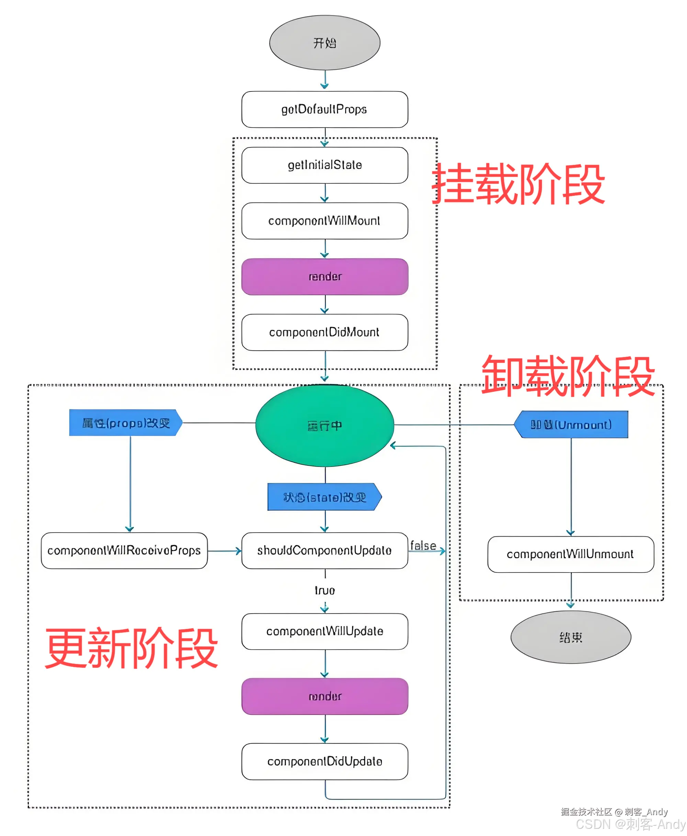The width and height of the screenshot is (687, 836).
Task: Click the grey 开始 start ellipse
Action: [325, 43]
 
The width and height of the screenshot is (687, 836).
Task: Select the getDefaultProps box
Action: [325, 109]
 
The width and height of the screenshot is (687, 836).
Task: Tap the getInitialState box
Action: [325, 165]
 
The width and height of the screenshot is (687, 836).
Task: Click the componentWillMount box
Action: [325, 221]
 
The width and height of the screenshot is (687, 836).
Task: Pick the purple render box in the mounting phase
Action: [325, 276]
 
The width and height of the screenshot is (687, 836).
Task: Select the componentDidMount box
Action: [325, 332]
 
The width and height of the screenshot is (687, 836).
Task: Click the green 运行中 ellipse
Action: [325, 426]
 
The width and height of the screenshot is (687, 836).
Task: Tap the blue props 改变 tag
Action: [125, 423]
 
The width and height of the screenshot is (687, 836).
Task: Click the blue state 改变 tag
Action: [324, 497]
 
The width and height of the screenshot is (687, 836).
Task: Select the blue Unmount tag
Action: [571, 425]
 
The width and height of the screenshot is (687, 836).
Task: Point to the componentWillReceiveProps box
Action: [124, 550]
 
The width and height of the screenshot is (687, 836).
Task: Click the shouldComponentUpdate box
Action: [325, 550]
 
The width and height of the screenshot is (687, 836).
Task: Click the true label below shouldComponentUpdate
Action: [325, 591]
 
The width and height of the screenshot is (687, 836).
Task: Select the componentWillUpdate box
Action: [325, 631]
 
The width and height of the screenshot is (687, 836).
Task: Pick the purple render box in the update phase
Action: [325, 696]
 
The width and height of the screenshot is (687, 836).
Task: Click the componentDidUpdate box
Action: [325, 761]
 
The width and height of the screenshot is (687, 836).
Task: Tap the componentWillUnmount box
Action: [570, 554]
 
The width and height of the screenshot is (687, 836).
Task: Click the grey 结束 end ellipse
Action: [570, 637]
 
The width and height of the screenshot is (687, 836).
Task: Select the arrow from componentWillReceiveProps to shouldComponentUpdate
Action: [224, 551]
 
